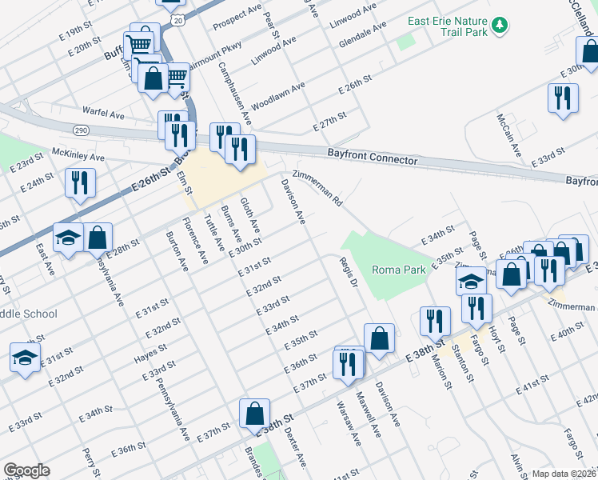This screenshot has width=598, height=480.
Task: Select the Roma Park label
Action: click(399, 270)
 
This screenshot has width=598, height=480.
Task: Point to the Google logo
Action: click(26, 470)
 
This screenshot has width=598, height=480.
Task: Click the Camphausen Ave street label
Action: click(235, 94)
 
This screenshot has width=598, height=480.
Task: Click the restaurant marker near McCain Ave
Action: click(563, 98)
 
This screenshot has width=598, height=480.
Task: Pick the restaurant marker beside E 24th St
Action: click(80, 182)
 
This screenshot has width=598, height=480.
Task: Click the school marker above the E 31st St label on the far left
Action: click(25, 357)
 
